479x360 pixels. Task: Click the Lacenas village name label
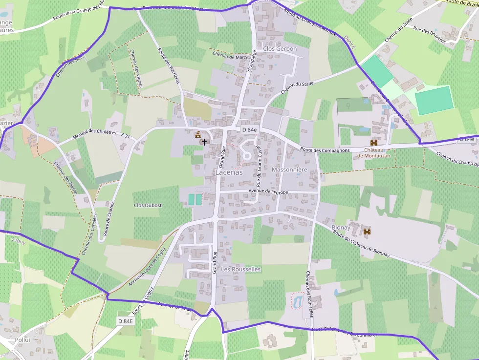tap(229, 172)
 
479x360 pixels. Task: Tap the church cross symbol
tap(204, 142)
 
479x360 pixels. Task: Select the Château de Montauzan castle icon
tap(374, 142)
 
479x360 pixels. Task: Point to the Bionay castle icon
tap(367, 231)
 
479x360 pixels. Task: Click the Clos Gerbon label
tap(280, 49)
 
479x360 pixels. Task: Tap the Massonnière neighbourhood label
tap(289, 169)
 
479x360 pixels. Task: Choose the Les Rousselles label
tap(241, 269)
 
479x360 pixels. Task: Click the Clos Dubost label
tap(148, 206)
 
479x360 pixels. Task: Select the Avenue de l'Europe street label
tap(268, 191)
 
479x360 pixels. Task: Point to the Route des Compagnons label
tap(325, 150)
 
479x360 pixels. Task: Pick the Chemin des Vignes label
tap(135, 69)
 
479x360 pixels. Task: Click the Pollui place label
tap(22, 339)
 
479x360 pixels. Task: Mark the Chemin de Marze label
tap(231, 56)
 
